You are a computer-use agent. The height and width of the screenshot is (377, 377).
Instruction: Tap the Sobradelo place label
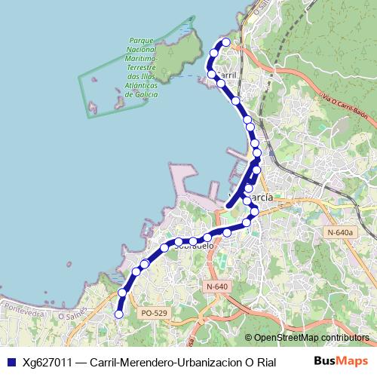(194, 245)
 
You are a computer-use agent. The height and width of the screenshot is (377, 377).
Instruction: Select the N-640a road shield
(340, 232)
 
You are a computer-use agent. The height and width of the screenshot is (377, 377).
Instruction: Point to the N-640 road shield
(216, 287)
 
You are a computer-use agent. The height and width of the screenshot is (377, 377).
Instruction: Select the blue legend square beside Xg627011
(11, 362)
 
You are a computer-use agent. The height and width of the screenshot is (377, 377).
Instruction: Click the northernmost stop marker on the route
(225, 42)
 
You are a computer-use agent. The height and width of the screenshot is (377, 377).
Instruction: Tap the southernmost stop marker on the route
(118, 314)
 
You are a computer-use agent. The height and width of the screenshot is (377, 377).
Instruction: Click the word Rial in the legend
(265, 362)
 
